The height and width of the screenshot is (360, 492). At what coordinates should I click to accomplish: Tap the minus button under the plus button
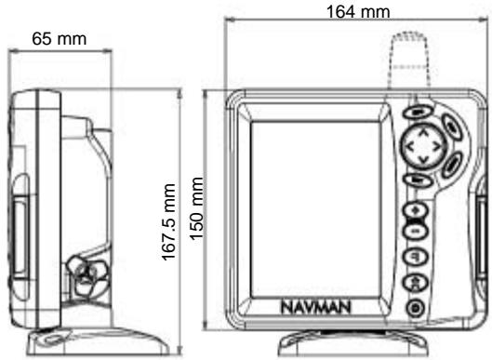click(418, 231)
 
